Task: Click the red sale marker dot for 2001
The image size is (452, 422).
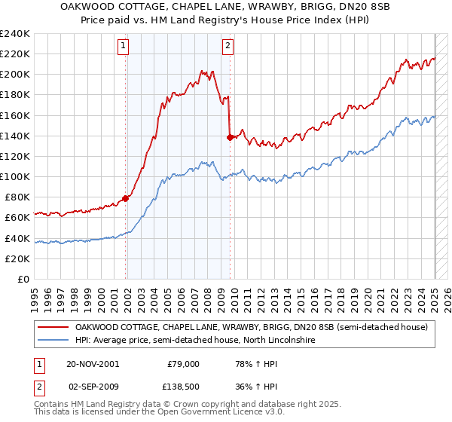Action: click(126, 198)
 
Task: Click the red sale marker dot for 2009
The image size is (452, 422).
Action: click(230, 137)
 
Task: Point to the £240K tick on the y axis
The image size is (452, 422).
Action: click(15, 34)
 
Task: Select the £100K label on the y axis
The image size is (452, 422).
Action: click(15, 176)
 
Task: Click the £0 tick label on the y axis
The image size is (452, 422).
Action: click(23, 279)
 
